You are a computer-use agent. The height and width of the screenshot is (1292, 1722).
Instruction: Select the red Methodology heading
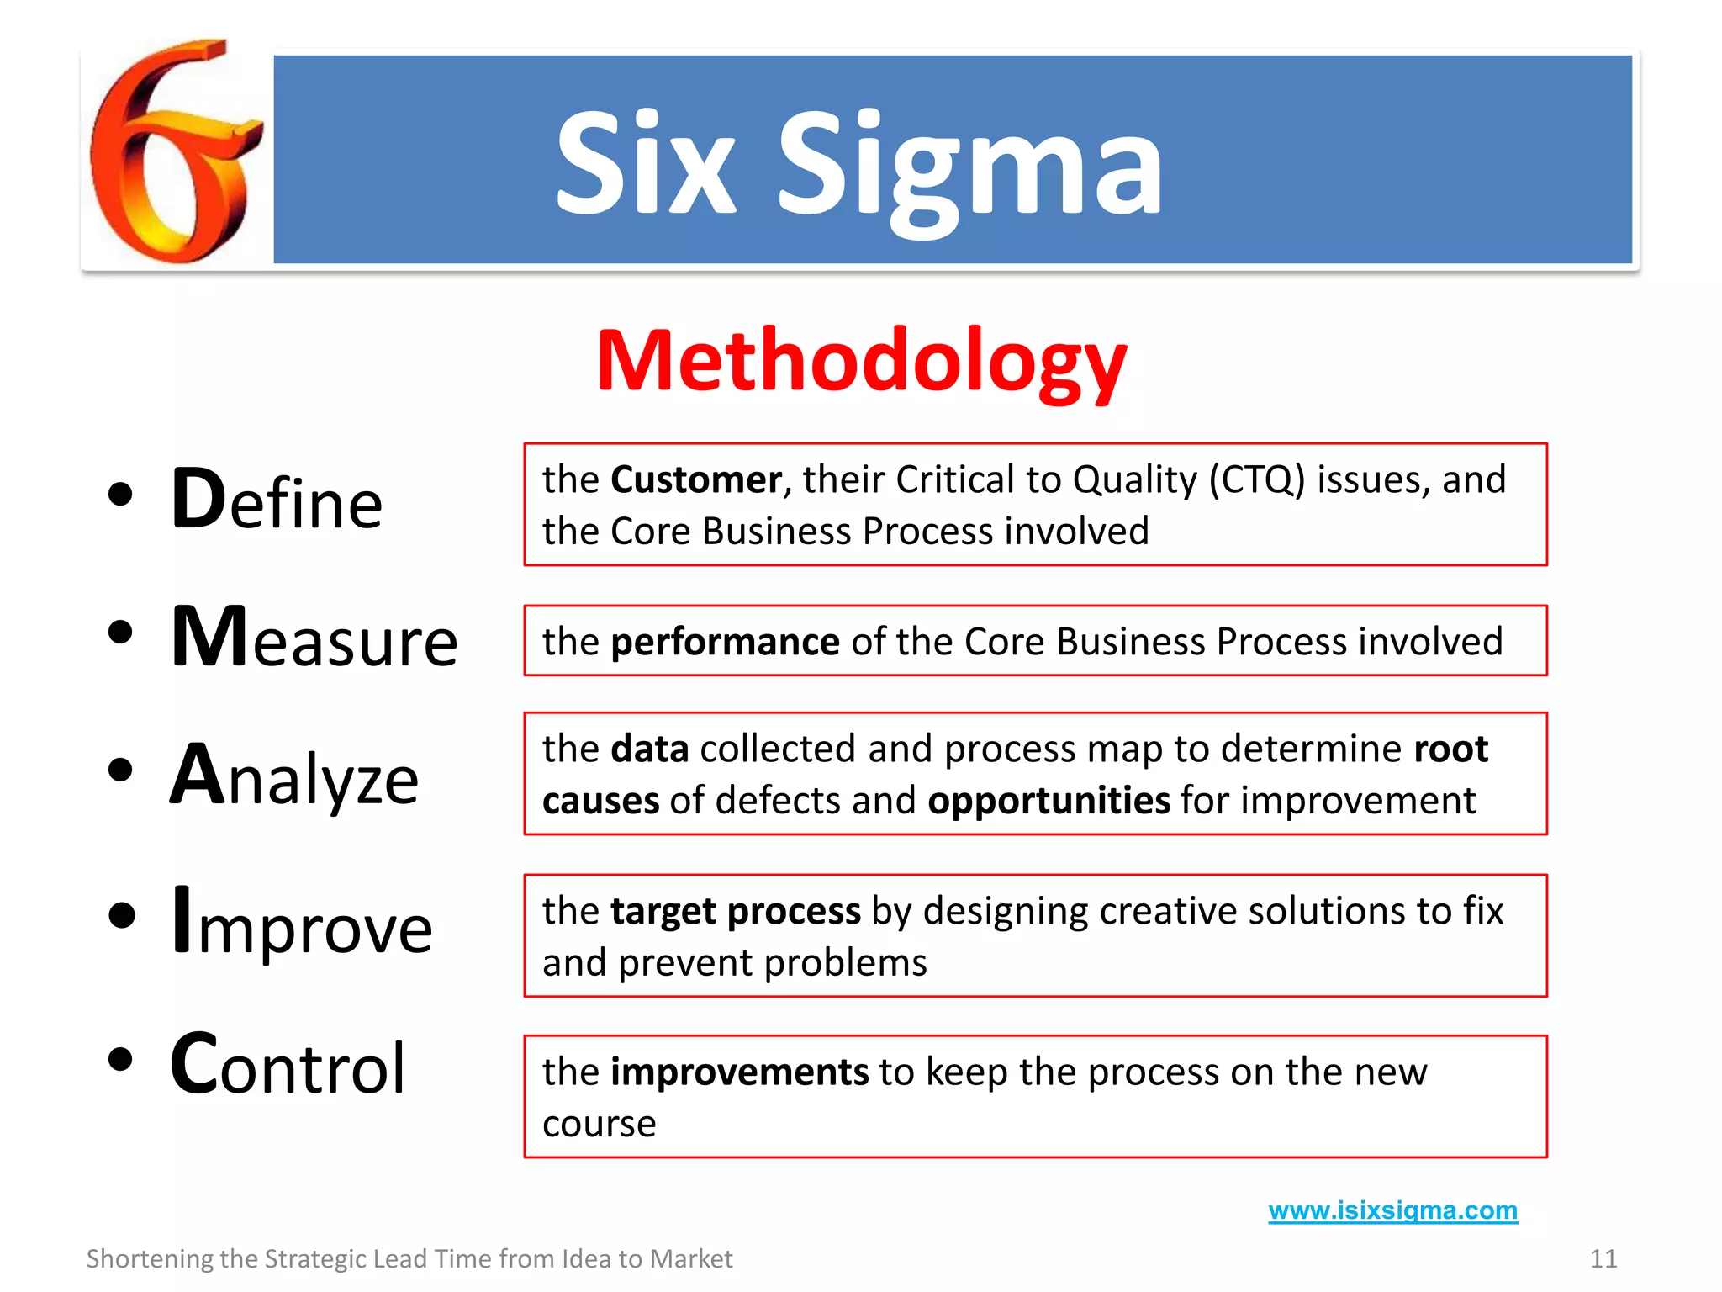pyautogui.click(x=861, y=362)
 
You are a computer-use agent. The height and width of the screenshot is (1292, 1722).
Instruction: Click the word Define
pyautogui.click(x=277, y=500)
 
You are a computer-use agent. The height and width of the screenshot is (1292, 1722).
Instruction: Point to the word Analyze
pyautogui.click(x=294, y=776)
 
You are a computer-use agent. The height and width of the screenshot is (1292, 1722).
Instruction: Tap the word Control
pyautogui.click(x=288, y=1065)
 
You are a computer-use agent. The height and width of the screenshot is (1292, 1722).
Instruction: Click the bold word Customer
pyautogui.click(x=696, y=480)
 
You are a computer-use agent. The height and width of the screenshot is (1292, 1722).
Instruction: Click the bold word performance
pyautogui.click(x=725, y=642)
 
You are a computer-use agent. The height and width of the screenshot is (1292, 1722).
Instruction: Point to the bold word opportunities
pyautogui.click(x=1049, y=801)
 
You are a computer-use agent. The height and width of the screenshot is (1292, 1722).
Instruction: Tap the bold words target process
pyautogui.click(x=736, y=911)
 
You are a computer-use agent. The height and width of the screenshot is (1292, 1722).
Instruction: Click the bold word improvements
pyautogui.click(x=739, y=1072)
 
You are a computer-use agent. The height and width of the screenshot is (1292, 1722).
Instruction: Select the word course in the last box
pyautogui.click(x=599, y=1125)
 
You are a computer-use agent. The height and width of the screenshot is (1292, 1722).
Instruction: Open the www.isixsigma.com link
pyautogui.click(x=1392, y=1210)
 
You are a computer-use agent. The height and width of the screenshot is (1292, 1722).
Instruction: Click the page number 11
pyautogui.click(x=1603, y=1259)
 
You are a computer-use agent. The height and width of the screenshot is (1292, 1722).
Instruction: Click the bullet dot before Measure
pyautogui.click(x=121, y=633)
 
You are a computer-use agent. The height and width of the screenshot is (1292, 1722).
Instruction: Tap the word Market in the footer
pyautogui.click(x=691, y=1259)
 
